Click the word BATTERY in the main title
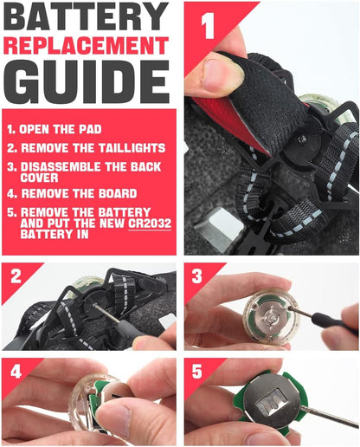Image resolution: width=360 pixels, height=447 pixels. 86,16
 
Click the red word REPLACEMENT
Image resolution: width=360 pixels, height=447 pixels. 86,46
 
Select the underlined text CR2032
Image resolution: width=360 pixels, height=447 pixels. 150,223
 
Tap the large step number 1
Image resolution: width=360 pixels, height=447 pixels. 208,26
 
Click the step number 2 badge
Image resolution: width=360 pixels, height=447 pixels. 16,276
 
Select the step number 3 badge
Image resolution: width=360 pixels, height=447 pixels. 197,276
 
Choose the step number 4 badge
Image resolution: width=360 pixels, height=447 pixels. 16,372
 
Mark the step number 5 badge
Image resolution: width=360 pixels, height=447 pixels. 197,372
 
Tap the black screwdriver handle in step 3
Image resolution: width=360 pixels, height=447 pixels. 336,323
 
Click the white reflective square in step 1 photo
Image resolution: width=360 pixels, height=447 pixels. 221,224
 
